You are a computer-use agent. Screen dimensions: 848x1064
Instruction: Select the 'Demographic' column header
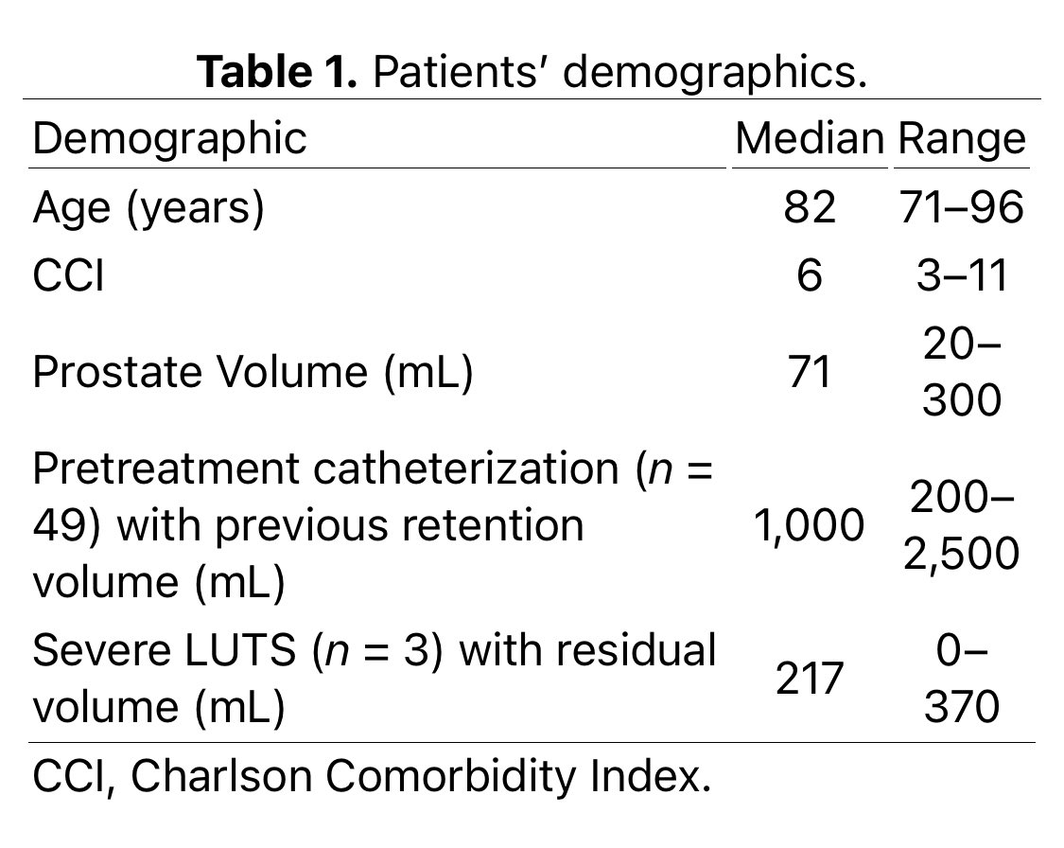(170, 139)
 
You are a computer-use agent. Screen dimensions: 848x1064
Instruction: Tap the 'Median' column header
(809, 139)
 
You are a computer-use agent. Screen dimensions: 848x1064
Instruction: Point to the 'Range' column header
(961, 139)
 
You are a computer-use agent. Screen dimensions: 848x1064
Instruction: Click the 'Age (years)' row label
(148, 207)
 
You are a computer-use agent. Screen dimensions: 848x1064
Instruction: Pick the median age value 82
(810, 207)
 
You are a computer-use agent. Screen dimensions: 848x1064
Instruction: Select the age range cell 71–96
(961, 207)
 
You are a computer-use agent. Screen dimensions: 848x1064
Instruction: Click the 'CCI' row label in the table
(68, 276)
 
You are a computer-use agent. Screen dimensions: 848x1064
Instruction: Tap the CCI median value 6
(810, 276)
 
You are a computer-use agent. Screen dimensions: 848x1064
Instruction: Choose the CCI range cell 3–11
(961, 276)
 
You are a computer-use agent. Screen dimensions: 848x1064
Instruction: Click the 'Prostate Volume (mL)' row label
(253, 372)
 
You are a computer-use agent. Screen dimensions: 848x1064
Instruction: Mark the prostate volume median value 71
(810, 372)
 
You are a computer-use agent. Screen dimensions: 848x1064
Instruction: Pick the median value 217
(810, 679)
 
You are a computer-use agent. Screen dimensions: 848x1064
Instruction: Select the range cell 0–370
(961, 679)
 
